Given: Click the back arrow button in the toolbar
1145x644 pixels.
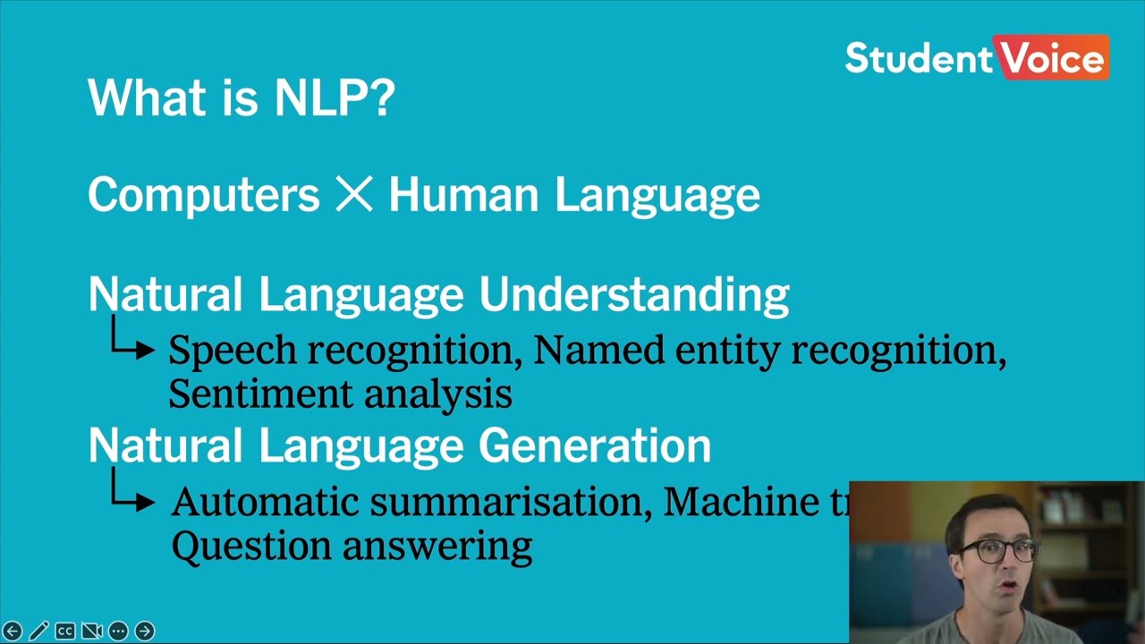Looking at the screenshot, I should click(x=13, y=631).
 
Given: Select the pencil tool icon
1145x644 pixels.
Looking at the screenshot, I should click(x=38, y=631).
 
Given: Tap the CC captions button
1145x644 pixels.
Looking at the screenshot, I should click(x=65, y=631).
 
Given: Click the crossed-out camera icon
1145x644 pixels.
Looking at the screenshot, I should click(x=91, y=631).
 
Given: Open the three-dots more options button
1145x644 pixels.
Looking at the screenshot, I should click(x=118, y=631).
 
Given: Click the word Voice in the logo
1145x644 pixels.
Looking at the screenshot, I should click(x=1054, y=59).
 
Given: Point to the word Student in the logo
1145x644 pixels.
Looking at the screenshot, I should click(x=919, y=59).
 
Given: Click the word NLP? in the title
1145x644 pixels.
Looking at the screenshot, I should click(x=335, y=97).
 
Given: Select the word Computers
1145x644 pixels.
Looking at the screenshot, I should click(x=203, y=195).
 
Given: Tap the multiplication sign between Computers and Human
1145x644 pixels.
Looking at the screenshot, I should click(x=353, y=195).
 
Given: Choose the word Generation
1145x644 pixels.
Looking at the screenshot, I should click(x=595, y=445).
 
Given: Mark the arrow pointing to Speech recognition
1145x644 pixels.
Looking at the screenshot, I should click(x=132, y=344).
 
